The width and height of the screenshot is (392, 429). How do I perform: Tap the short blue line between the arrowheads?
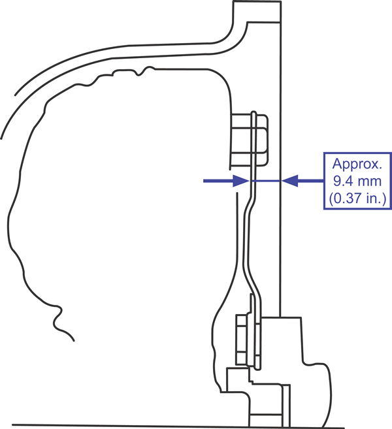pos(265,181)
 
